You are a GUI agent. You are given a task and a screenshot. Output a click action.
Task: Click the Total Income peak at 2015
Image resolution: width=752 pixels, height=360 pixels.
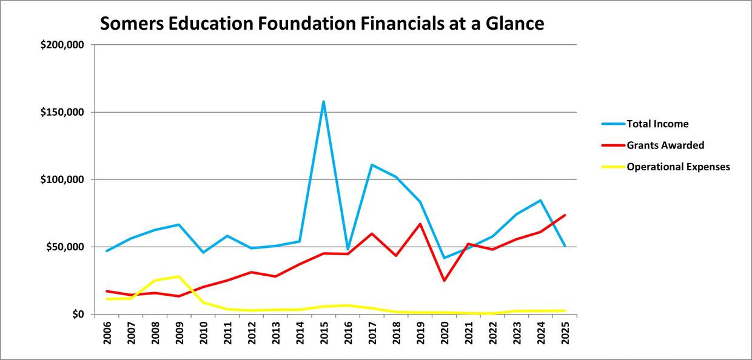324,102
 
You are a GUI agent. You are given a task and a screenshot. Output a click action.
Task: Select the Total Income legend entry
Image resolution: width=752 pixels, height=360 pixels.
657,124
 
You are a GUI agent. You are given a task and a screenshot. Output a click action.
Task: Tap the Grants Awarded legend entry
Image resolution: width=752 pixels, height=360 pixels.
665,145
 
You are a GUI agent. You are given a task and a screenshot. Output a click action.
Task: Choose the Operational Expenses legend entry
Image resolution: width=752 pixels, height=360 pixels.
678,167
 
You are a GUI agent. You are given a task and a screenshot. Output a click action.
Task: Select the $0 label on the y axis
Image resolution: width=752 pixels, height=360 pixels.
75,315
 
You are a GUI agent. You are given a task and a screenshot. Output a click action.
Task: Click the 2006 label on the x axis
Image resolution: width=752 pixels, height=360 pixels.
107,332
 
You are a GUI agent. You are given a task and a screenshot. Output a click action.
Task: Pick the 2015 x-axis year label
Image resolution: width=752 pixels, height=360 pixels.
324,332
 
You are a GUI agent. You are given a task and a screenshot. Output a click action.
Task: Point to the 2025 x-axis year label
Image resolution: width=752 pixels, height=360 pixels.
565,332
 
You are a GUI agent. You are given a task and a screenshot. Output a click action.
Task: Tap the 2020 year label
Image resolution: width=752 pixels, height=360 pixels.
445,332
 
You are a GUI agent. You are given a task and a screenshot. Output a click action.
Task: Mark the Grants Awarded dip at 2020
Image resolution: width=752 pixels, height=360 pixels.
445,281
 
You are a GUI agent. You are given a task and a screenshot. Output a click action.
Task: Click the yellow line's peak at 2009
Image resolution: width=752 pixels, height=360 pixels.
180,276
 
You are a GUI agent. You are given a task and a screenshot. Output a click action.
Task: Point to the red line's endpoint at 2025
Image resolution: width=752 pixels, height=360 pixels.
565,215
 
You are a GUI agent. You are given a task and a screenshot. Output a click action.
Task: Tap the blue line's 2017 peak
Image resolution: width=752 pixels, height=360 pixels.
372,165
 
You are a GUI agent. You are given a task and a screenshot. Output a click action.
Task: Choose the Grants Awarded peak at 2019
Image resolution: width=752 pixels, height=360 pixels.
420,224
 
